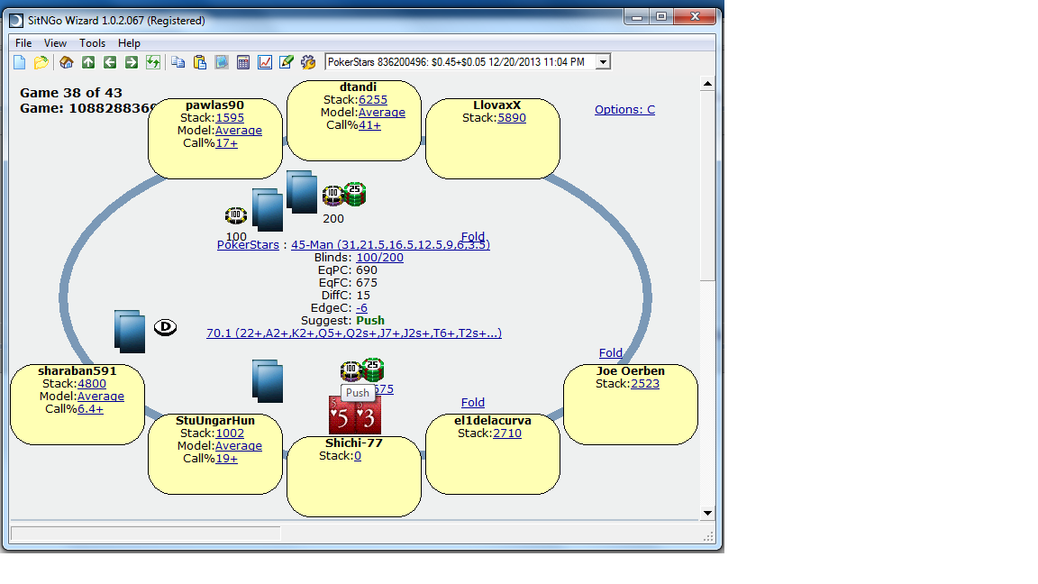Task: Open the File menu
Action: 23,43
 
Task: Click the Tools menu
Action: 92,43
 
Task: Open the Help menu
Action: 129,43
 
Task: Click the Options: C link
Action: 624,110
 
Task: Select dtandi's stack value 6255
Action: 373,100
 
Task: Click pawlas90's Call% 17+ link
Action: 226,143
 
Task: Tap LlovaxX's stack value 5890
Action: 512,118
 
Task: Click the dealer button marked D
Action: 164,327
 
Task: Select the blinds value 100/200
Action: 379,258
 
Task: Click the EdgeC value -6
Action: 361,308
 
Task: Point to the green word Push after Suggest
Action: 370,321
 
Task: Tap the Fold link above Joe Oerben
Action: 611,353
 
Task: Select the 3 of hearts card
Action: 368,416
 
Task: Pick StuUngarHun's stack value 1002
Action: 230,433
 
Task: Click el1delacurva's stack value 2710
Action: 507,433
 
